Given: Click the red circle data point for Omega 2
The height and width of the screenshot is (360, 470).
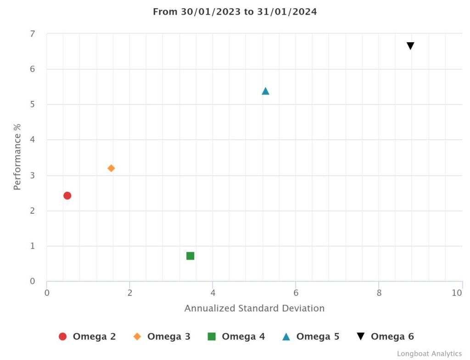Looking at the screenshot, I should (x=67, y=195).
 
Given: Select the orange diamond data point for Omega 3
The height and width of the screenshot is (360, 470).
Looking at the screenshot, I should (x=111, y=168).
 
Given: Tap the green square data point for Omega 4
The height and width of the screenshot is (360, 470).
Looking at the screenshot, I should (x=190, y=256).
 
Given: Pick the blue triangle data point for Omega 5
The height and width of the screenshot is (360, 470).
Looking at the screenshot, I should (x=265, y=91).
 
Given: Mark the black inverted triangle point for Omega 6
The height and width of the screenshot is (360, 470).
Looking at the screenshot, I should (x=410, y=46).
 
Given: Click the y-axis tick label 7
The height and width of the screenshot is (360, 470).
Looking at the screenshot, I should (x=33, y=34).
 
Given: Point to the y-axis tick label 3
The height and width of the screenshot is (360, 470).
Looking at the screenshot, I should (x=33, y=176).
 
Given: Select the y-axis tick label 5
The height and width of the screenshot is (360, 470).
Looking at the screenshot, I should (x=33, y=105).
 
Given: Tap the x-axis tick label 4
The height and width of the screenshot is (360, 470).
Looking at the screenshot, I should (x=213, y=293).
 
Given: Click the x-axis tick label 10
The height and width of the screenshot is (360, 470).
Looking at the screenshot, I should (x=457, y=293).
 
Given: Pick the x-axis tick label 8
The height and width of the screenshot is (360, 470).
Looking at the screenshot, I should (x=379, y=293).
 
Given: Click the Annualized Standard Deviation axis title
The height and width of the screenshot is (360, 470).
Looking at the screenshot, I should (x=254, y=308).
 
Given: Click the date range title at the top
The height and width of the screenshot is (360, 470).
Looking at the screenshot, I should (x=235, y=12).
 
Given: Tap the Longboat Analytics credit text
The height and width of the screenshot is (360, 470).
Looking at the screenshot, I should (x=429, y=354).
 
